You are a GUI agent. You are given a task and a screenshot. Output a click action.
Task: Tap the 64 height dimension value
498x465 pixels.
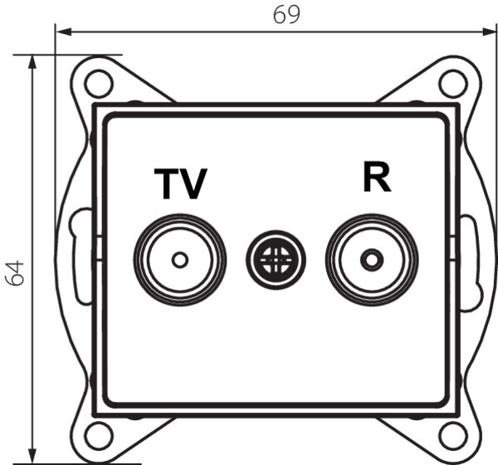(15, 272)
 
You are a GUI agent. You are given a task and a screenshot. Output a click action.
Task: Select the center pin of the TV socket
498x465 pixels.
(179, 260)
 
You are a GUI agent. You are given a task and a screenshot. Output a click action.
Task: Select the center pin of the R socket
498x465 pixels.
(371, 260)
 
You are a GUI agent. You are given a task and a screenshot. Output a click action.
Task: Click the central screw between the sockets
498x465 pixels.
(276, 260)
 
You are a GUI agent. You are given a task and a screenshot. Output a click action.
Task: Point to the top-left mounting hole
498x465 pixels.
(98, 82)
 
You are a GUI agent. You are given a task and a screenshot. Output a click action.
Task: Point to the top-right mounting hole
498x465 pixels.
(453, 82)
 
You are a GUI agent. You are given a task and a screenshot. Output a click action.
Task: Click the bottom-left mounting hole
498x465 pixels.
(98, 434)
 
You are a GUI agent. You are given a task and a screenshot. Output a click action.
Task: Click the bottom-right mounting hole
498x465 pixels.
(453, 434)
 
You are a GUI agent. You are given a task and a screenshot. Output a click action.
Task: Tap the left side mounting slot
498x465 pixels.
(80, 257)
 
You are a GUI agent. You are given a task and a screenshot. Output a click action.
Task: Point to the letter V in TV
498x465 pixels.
(193, 184)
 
